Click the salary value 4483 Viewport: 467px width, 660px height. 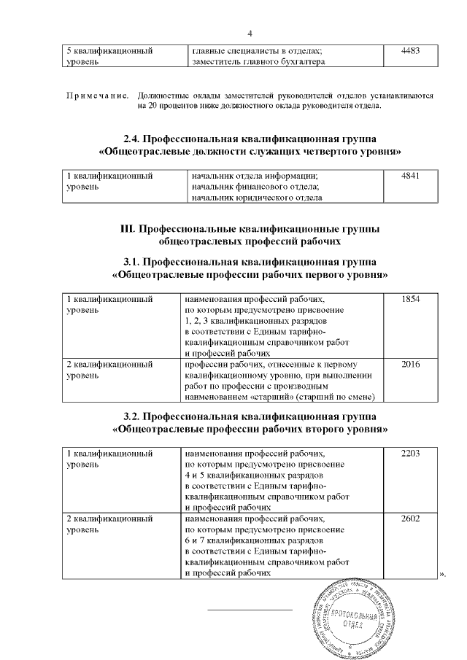(412, 52)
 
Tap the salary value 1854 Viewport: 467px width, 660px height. (412, 299)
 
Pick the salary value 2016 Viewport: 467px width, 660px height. (412, 364)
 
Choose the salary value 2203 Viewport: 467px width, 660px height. (412, 454)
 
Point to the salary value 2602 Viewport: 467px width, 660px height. (412, 519)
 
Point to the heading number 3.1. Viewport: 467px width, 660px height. (133, 261)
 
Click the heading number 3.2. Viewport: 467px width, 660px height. (133, 416)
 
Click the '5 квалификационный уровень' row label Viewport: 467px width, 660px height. (109, 57)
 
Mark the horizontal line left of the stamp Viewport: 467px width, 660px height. (250, 609)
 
